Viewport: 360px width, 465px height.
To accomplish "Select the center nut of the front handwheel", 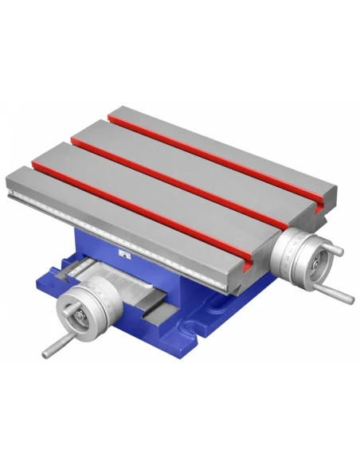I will pyautogui.click(x=81, y=318).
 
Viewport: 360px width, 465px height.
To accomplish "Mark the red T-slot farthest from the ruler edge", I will pyautogui.click(x=215, y=151).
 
